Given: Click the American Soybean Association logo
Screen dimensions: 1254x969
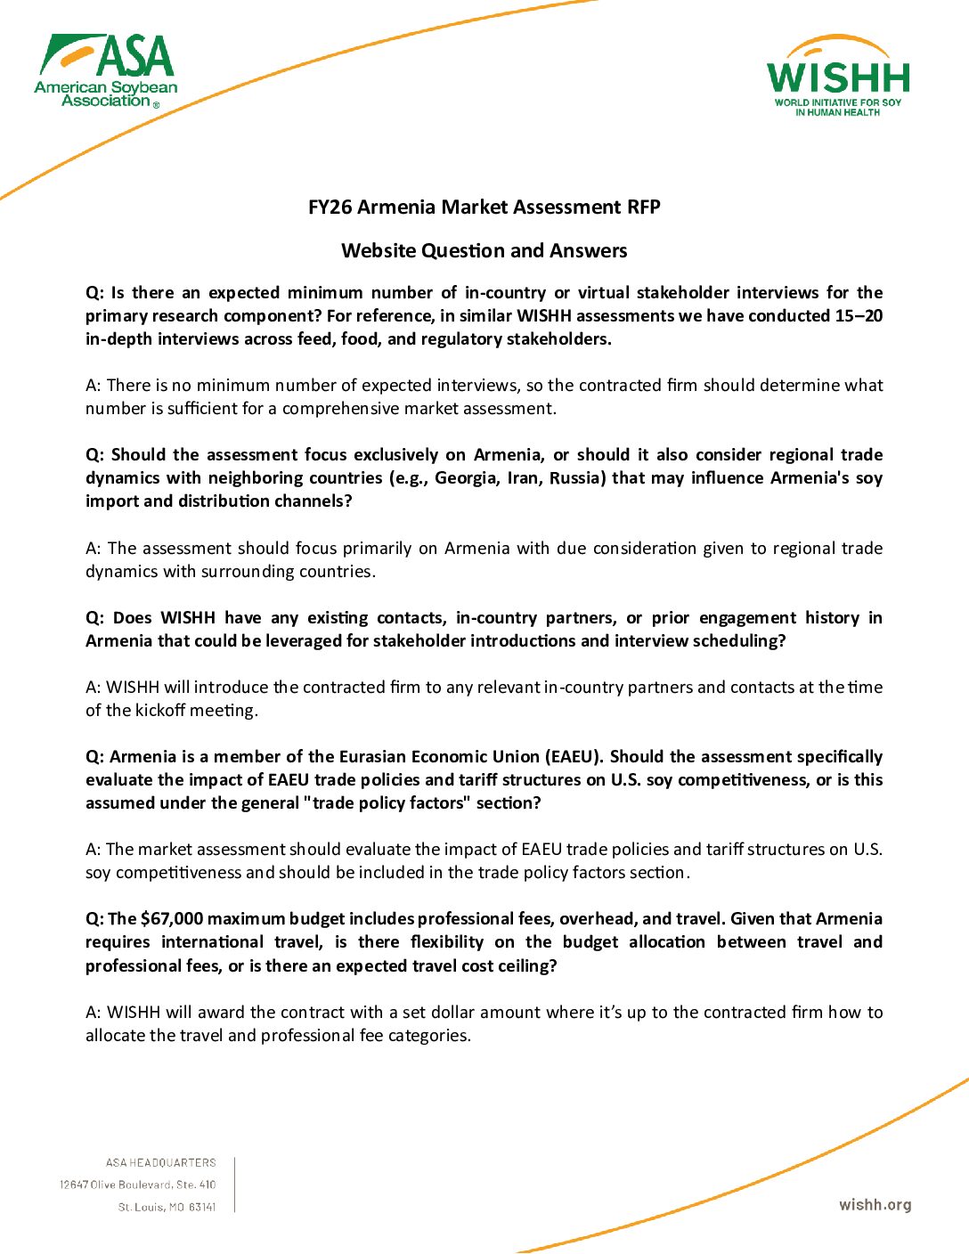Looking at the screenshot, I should tap(106, 71).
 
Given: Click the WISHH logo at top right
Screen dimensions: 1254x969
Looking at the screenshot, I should tap(837, 78).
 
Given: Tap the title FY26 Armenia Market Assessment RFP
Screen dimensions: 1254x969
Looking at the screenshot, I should tap(484, 208).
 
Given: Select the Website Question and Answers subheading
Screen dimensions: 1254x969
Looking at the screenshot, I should tap(484, 251).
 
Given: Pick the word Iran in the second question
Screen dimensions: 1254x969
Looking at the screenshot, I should tap(522, 478).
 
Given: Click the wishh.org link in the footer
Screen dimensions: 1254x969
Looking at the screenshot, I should tap(875, 1205).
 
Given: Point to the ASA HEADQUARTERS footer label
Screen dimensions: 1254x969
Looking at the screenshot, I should tap(160, 1163).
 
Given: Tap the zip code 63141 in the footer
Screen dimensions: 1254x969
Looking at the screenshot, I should tap(202, 1208).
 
